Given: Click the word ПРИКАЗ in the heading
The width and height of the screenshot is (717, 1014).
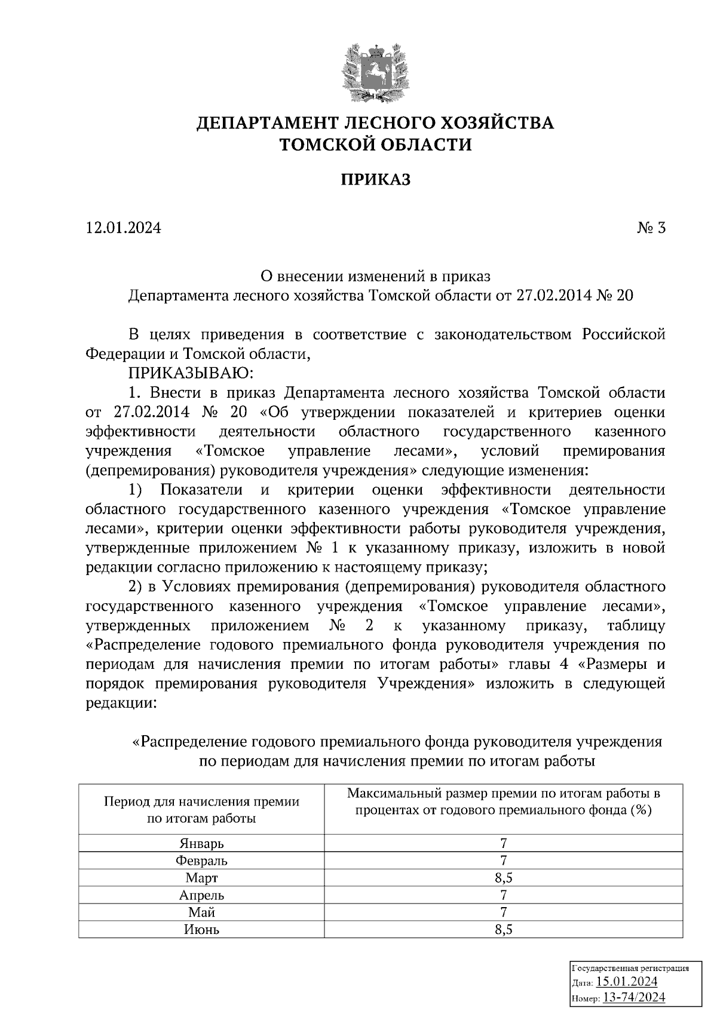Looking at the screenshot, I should [x=376, y=180].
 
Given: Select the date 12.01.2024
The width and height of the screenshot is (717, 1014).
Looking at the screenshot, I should [x=124, y=228].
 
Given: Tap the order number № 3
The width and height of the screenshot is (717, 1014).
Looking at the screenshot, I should [x=651, y=228].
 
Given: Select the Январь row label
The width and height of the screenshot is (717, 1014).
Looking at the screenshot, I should [x=201, y=844].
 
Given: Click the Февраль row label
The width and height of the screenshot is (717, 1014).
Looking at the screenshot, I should [x=201, y=861].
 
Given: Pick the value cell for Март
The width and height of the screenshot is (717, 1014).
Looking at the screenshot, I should [x=504, y=878].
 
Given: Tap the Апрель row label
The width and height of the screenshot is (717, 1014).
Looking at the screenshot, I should [x=201, y=895].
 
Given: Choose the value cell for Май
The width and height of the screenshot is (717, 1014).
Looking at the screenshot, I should [x=504, y=912].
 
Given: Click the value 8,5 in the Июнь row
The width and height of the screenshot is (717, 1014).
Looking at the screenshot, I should [x=504, y=930].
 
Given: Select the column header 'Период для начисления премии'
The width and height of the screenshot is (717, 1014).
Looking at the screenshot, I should [x=201, y=810].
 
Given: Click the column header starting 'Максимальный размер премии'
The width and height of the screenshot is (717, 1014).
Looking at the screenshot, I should [x=504, y=802].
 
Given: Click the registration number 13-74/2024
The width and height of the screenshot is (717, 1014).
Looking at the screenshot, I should [x=634, y=997].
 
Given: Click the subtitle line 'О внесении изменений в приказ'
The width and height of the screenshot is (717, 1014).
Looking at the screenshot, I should [x=376, y=276].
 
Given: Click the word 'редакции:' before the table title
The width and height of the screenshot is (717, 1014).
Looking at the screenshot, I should [x=121, y=703].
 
